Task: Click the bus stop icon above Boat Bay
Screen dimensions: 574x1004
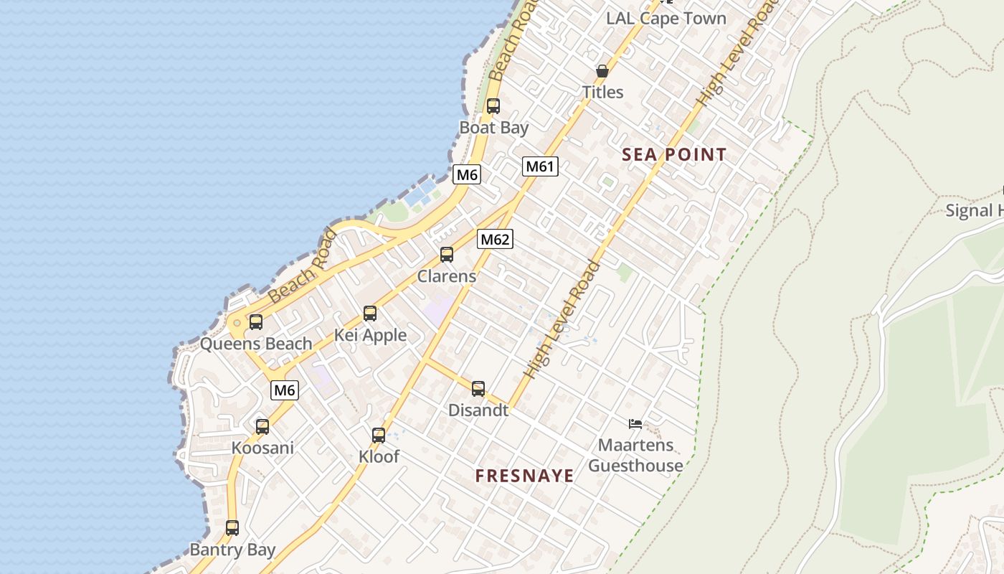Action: coord(493,106)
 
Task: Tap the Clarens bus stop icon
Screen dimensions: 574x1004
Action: coord(447,255)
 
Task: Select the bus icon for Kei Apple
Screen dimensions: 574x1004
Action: coord(370,314)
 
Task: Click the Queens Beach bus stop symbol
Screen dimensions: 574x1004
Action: coord(256,322)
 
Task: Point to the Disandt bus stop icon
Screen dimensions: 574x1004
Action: coord(478,389)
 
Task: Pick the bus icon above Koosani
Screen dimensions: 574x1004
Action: coord(262,427)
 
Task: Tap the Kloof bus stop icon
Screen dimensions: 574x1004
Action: coord(379,436)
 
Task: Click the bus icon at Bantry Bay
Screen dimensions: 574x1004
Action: coord(232,528)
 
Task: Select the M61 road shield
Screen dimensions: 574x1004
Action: coord(540,166)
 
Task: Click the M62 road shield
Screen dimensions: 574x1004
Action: coord(495,239)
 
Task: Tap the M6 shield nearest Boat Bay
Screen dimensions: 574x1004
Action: coord(467,174)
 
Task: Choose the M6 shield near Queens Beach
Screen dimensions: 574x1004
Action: coord(285,390)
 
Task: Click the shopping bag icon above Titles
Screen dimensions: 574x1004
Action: coord(602,71)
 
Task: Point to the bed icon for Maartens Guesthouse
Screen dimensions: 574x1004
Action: coord(635,423)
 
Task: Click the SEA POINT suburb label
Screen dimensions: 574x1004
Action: coord(674,154)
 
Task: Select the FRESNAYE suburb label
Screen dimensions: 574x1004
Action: coord(525,476)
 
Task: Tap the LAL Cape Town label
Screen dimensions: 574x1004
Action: coord(666,19)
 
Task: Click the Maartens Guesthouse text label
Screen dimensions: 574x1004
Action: coord(635,456)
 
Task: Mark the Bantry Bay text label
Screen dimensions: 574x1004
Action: coord(232,550)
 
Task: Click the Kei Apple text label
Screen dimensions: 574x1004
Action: coord(370,335)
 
